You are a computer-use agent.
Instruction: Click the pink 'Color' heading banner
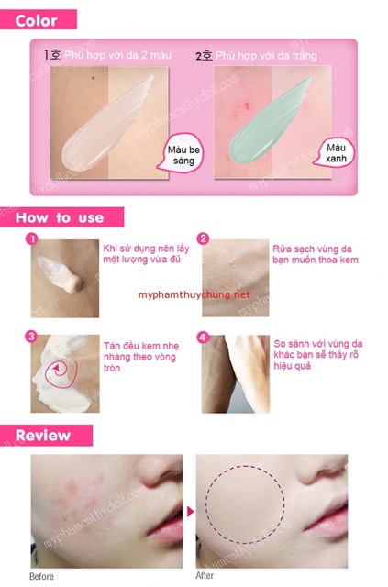pos(38,18)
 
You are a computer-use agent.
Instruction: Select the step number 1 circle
pos(32,239)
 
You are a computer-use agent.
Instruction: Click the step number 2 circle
pos(204,239)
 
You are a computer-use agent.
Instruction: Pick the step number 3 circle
pos(32,338)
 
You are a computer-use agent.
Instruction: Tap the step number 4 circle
pos(204,338)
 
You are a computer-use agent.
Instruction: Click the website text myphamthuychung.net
pos(194,295)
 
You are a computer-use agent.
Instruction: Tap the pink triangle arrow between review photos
pos(191,511)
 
